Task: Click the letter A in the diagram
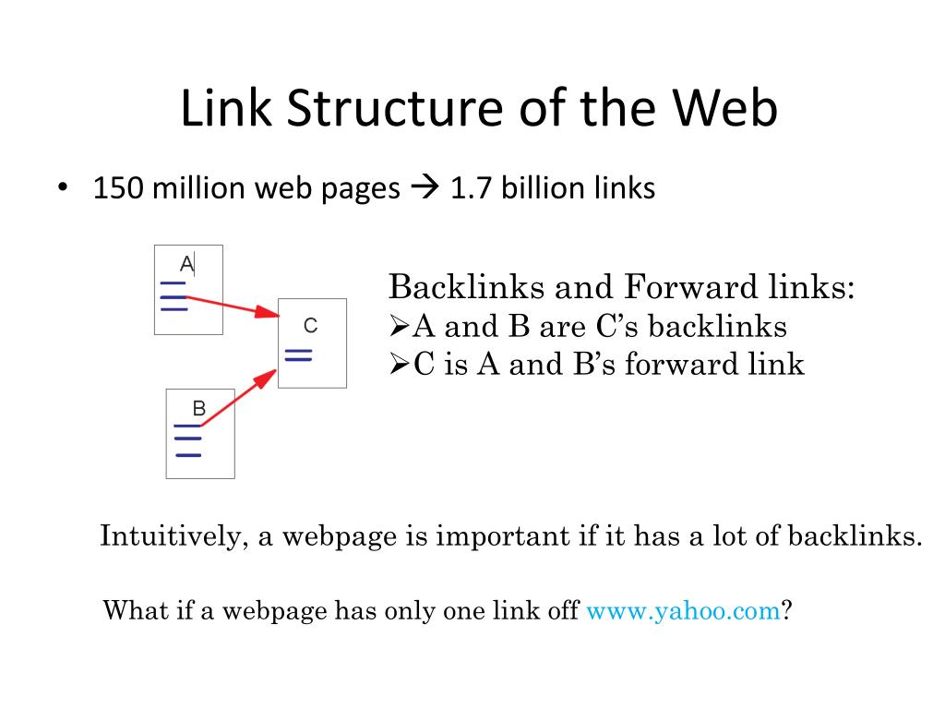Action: pyautogui.click(x=186, y=264)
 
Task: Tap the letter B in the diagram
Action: pyautogui.click(x=198, y=407)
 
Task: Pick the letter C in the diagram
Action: pyautogui.click(x=310, y=325)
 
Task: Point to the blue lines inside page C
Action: pyautogui.click(x=298, y=355)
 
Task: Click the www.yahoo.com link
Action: pyautogui.click(x=684, y=610)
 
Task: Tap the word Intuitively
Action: pyautogui.click(x=169, y=536)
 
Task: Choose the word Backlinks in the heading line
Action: pyautogui.click(x=465, y=287)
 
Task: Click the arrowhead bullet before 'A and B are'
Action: pyautogui.click(x=399, y=327)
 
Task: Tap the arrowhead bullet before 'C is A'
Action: pyautogui.click(x=399, y=365)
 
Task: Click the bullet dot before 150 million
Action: pyautogui.click(x=63, y=188)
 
